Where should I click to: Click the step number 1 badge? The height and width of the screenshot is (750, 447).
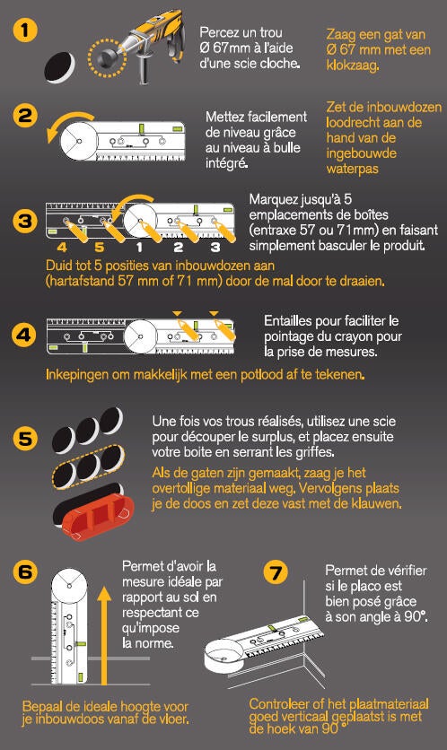pyautogui.click(x=25, y=31)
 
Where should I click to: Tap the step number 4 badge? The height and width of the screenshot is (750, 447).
pyautogui.click(x=24, y=336)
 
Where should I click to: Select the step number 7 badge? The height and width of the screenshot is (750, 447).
pyautogui.click(x=276, y=572)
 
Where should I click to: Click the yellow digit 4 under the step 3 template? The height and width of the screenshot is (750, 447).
pyautogui.click(x=61, y=248)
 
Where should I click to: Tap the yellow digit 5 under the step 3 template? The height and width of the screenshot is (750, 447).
pyautogui.click(x=99, y=248)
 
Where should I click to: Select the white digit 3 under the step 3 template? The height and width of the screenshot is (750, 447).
pyautogui.click(x=215, y=248)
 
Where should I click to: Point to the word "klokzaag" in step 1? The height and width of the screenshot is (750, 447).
pyautogui.click(x=352, y=65)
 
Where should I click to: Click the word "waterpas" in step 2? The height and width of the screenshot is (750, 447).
pyautogui.click(x=352, y=169)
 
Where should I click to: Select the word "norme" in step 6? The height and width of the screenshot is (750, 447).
pyautogui.click(x=154, y=643)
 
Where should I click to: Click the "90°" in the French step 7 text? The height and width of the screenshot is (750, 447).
pyautogui.click(x=416, y=616)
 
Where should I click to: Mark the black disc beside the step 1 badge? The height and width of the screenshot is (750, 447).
pyautogui.click(x=60, y=67)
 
